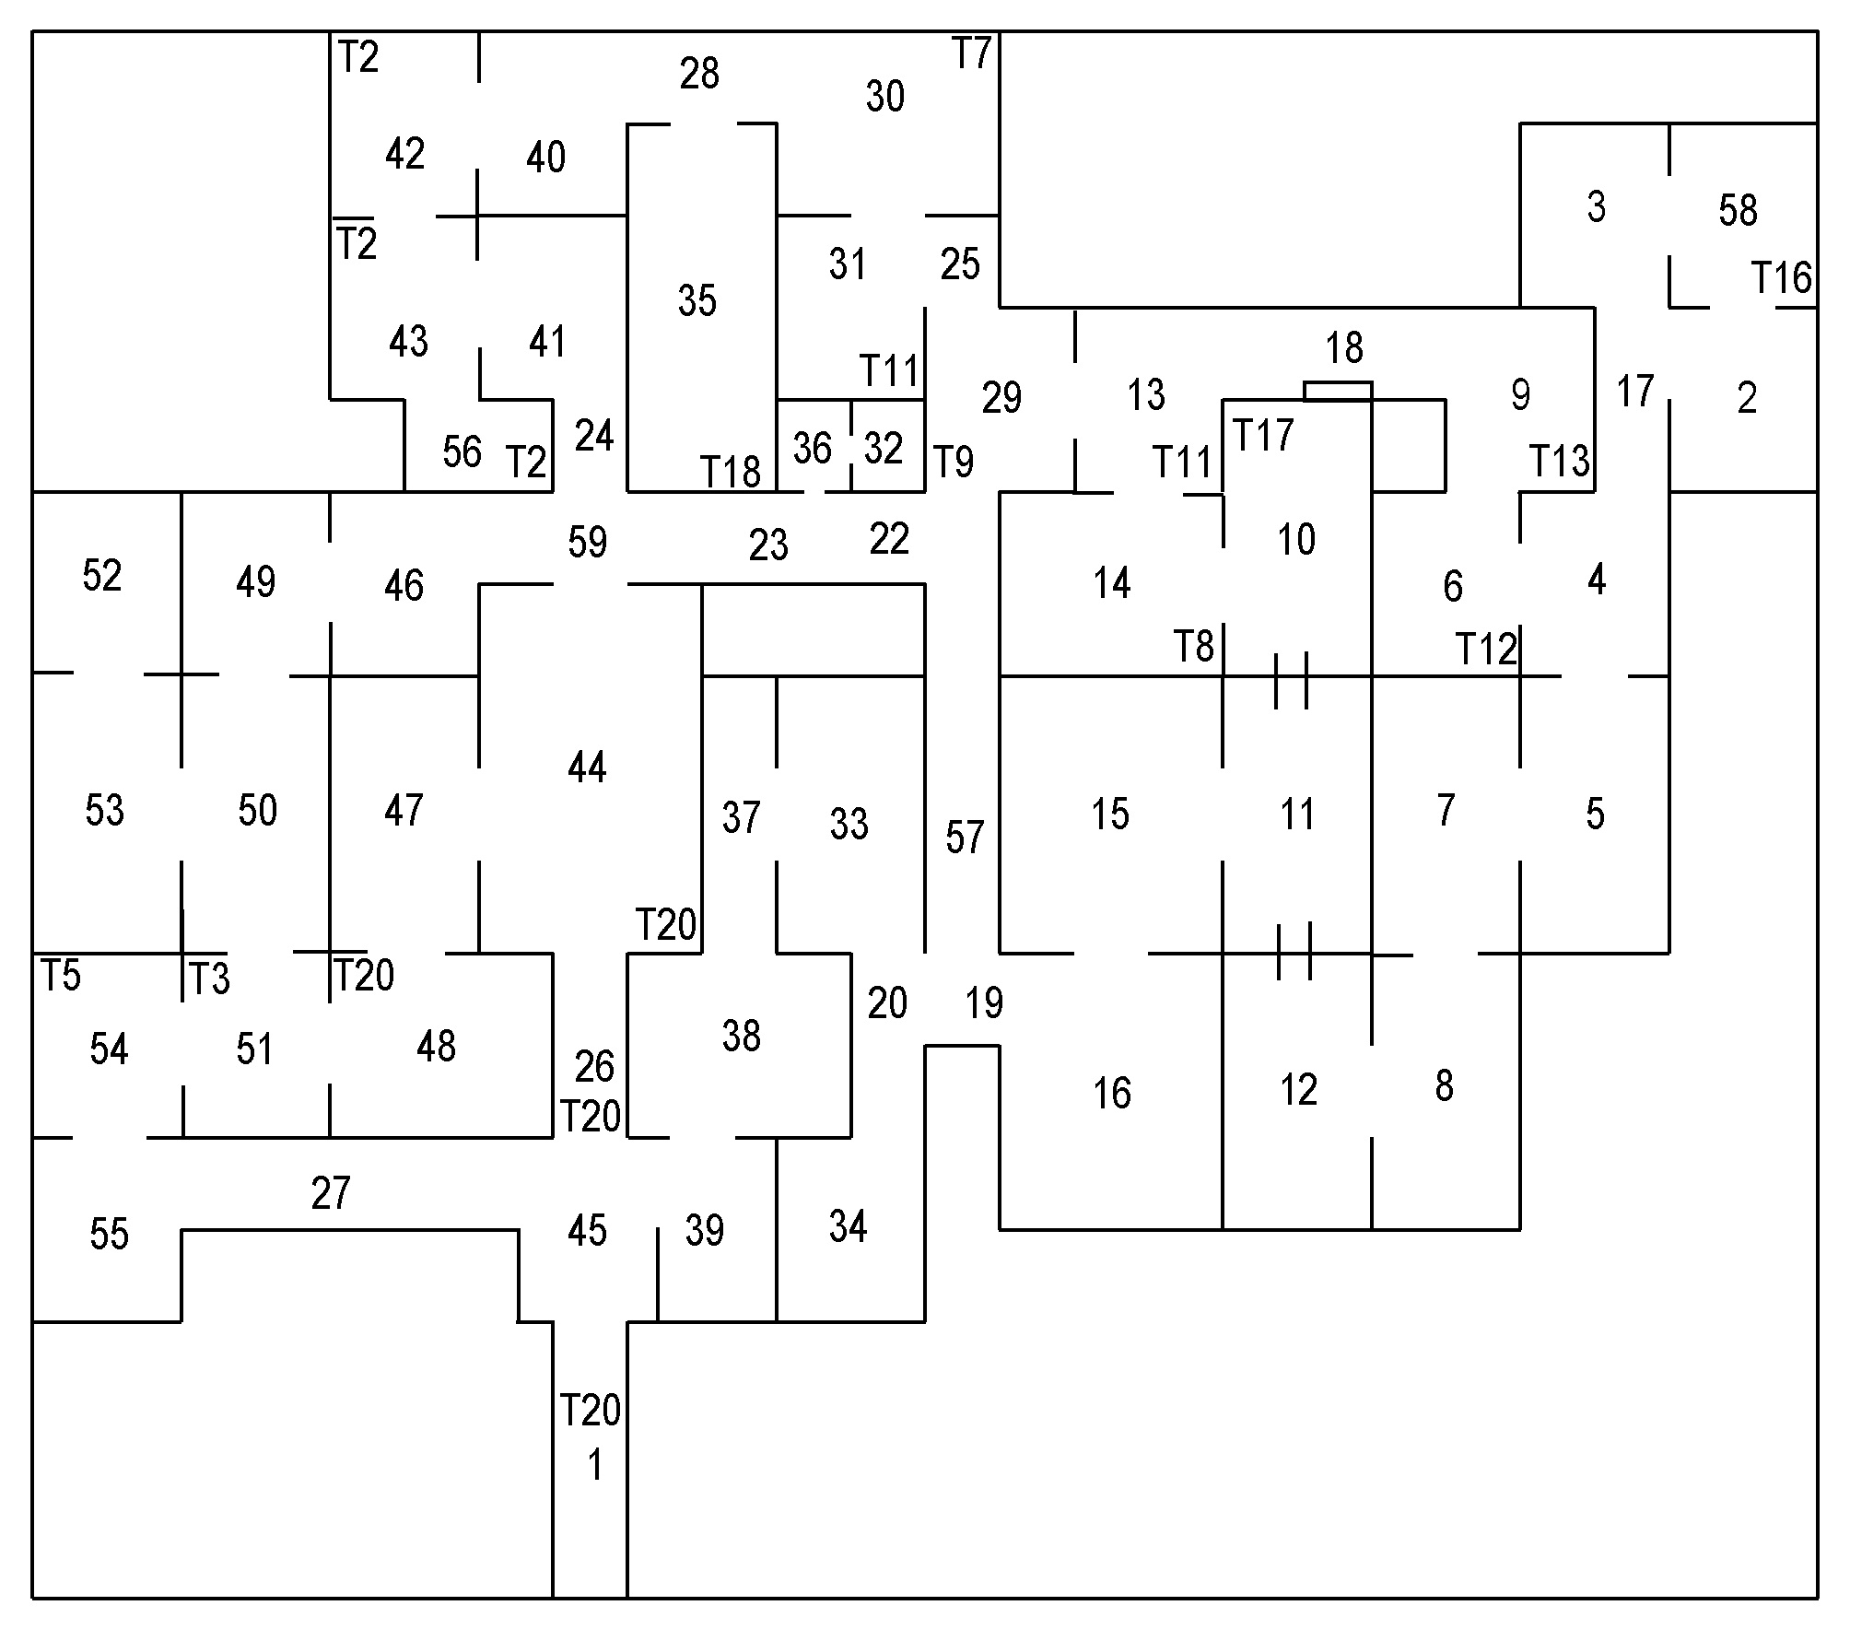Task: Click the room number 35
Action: point(697,300)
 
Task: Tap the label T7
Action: point(971,54)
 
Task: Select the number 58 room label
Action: point(1738,210)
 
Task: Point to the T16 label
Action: point(1781,277)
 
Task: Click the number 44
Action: point(587,767)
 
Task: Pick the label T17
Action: point(1263,435)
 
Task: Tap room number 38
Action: point(741,1036)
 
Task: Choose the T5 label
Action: point(61,976)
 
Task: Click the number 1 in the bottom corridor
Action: point(594,1465)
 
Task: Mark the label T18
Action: point(731,472)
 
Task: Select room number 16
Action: point(1111,1093)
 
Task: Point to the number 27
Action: point(331,1193)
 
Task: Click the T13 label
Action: point(1559,461)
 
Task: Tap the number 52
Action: point(101,576)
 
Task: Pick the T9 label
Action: point(954,462)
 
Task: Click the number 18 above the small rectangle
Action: point(1344,348)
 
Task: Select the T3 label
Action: point(208,979)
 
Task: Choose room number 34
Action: point(848,1226)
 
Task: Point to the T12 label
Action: point(1485,650)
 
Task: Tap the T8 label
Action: point(1194,647)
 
